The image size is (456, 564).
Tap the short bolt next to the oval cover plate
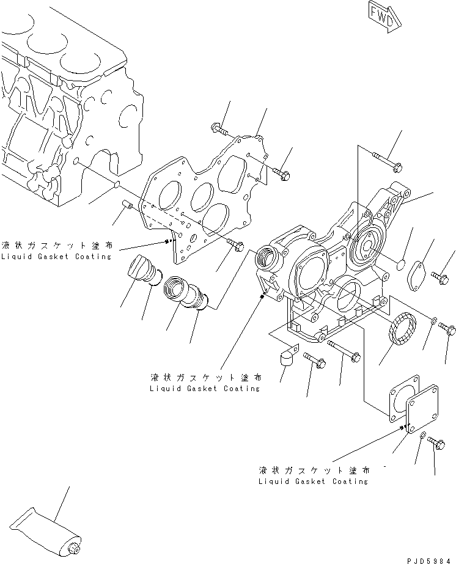pyautogui.click(x=439, y=277)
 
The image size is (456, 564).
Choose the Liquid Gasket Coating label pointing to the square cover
pyautogui.click(x=313, y=475)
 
